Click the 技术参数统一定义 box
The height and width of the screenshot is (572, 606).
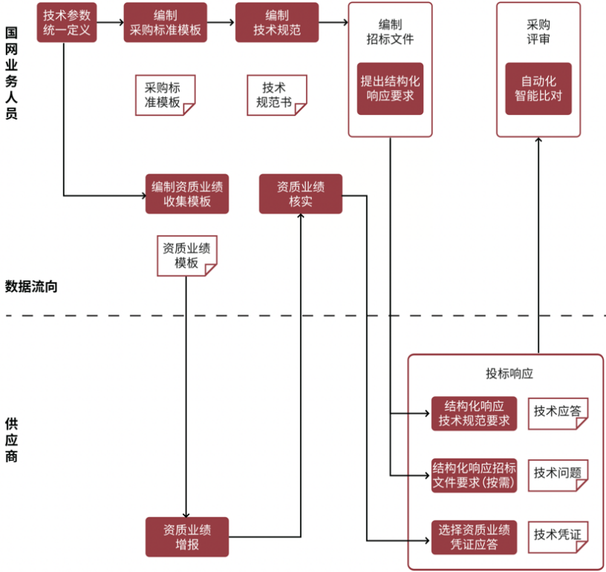pyautogui.click(x=66, y=22)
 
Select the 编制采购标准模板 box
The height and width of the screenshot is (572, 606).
pyautogui.click(x=165, y=22)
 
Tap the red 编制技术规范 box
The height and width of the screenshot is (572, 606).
pyautogui.click(x=276, y=22)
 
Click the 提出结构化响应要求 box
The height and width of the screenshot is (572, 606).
pyautogui.click(x=390, y=88)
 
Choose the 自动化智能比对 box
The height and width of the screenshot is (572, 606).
pyautogui.click(x=538, y=88)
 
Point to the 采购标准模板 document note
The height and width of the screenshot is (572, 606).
pyautogui.click(x=164, y=95)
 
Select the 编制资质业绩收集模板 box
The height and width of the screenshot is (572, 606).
pyautogui.click(x=187, y=194)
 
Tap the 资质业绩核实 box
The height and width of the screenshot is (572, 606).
pyautogui.click(x=300, y=194)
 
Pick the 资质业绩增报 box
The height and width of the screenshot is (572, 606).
pyautogui.click(x=187, y=536)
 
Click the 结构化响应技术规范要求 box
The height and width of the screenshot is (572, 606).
pyautogui.click(x=474, y=414)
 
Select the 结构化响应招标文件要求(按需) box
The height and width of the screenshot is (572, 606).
pyautogui.click(x=474, y=476)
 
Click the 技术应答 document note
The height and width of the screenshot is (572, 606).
pyautogui.click(x=558, y=412)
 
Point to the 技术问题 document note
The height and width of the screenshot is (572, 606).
pyautogui.click(x=558, y=473)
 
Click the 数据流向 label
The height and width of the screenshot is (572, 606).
pyautogui.click(x=30, y=286)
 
